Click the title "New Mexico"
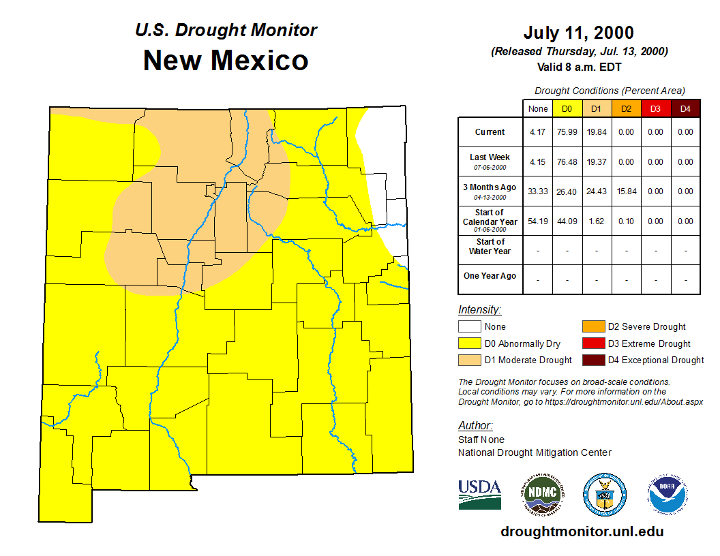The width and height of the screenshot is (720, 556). pos(226,61)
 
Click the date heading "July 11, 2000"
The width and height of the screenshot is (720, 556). pos(579,33)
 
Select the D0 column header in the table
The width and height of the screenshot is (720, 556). pos(567,108)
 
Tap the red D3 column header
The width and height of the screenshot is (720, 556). pos(655,108)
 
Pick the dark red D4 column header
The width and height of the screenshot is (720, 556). pos(685,108)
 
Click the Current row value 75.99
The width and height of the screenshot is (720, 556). pos(567,132)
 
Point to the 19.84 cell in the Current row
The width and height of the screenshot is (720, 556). pos(597,132)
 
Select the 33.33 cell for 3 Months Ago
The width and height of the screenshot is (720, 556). pos(538,191)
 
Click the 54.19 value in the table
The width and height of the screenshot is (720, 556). pos(538,221)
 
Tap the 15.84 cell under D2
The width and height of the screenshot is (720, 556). pos(626,191)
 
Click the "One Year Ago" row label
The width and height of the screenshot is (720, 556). pos(490,276)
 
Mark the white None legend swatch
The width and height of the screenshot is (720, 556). pos(468,327)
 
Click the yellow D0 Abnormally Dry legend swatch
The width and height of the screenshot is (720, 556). pos(468,343)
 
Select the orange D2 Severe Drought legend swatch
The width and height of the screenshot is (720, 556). pos(592,327)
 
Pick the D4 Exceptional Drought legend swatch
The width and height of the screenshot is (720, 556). pos(592,360)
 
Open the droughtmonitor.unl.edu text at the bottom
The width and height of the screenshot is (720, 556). pos(582,531)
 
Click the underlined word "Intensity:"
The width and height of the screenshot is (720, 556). pos(479,310)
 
